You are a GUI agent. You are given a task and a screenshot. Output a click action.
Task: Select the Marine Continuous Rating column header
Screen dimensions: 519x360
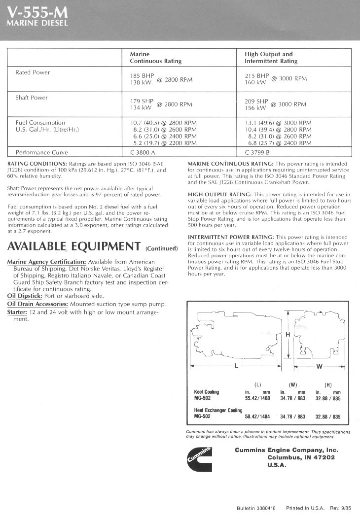(155, 58)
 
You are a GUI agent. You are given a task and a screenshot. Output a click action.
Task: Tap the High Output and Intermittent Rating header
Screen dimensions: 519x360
(271, 58)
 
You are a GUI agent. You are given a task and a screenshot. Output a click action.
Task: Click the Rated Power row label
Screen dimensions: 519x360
(33, 72)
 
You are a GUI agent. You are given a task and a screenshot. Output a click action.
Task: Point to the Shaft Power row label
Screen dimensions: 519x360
(32, 98)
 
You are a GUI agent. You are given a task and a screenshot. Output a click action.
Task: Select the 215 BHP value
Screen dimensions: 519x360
(256, 76)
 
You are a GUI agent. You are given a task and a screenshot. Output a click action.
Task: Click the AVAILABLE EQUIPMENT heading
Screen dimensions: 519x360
(74, 246)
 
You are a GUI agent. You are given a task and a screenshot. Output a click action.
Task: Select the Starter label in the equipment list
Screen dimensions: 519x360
(17, 312)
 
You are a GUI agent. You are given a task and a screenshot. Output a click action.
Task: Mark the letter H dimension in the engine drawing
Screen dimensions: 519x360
(288, 335)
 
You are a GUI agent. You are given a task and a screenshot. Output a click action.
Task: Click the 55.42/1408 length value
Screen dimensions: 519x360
(257, 398)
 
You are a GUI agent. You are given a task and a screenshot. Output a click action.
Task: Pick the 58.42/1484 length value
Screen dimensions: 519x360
(257, 416)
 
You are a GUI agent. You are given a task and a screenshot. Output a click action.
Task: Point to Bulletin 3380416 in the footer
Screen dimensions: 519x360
(256, 508)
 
